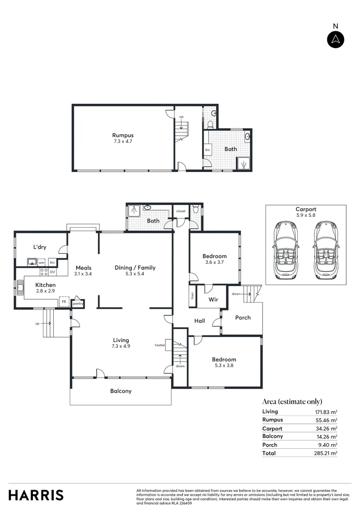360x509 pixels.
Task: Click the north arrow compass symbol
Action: tap(335, 40)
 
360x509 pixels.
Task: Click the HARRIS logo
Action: tap(36, 495)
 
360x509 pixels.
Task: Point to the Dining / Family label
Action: tap(135, 271)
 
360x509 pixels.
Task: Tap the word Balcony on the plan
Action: tap(121, 391)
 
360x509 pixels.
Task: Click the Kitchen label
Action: tap(46, 288)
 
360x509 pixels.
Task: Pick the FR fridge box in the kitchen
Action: tap(64, 302)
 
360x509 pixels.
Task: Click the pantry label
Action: tap(78, 304)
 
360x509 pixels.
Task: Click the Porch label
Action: tap(243, 317)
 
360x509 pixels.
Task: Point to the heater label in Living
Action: tap(160, 345)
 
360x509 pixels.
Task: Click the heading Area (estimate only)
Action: tap(292, 402)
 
